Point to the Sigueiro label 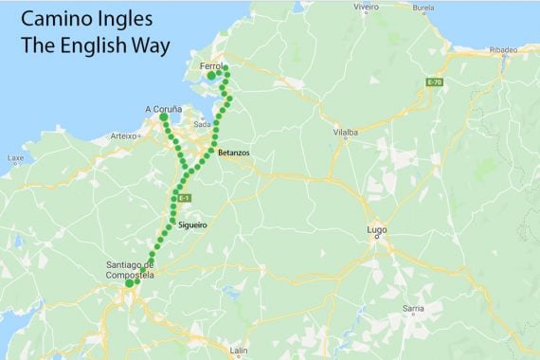tap(192, 225)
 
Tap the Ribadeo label tap(504, 48)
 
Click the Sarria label tap(413, 308)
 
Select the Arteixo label tap(123, 136)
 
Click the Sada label tap(201, 124)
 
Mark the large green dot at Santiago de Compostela tap(130, 281)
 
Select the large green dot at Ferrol tap(211, 75)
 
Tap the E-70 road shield tap(435, 82)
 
